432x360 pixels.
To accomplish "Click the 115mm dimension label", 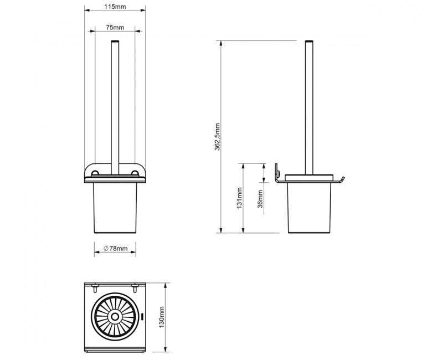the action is coord(115,7).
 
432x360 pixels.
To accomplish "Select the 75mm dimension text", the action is coord(115,28).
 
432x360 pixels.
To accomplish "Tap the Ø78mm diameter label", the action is coord(115,249).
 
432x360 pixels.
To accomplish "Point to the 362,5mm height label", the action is coord(217,137).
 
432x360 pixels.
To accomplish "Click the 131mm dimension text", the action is coord(239,198).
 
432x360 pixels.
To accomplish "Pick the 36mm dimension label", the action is coord(260,199).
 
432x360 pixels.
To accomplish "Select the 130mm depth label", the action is coord(162,317).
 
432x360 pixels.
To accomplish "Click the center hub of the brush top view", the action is coord(115,317).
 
